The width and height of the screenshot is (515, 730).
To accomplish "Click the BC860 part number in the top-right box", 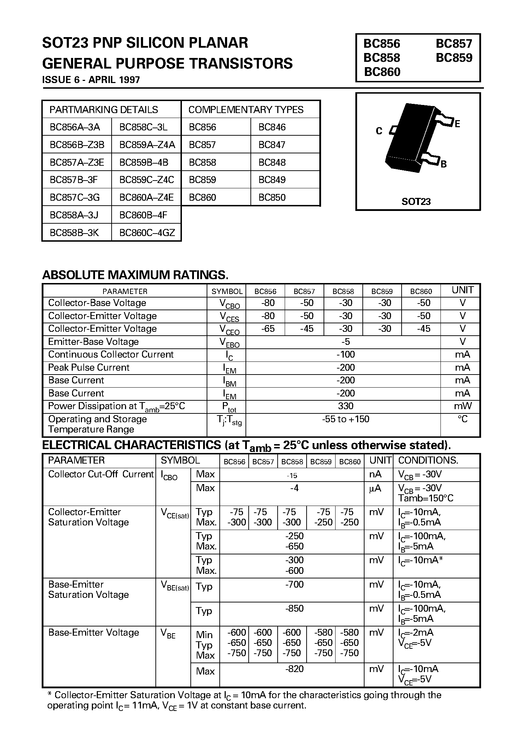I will pyautogui.click(x=382, y=72).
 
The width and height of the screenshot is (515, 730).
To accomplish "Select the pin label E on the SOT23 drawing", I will pyautogui.click(x=457, y=124).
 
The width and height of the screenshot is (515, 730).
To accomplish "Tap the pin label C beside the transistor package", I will pyautogui.click(x=379, y=131).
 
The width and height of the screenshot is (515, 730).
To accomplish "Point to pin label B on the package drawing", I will pyautogui.click(x=444, y=164).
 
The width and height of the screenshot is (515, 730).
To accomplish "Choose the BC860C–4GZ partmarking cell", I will pyautogui.click(x=147, y=232).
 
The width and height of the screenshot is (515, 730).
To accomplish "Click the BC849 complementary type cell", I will pyautogui.click(x=272, y=179).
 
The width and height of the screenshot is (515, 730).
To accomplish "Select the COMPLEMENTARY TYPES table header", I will pyautogui.click(x=246, y=110).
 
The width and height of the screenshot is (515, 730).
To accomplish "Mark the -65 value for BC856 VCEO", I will pyautogui.click(x=268, y=329).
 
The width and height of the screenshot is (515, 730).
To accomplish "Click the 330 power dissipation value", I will pyautogui.click(x=345, y=406).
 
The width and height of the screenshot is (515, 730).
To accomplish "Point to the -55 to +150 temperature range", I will pyautogui.click(x=345, y=419).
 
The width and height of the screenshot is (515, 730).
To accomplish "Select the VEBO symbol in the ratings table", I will pyautogui.click(x=229, y=342).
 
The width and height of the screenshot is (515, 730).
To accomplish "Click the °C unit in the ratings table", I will pyautogui.click(x=462, y=419).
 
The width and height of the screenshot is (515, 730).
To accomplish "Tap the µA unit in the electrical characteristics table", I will pyautogui.click(x=375, y=488).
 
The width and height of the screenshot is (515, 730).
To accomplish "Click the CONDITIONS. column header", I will pyautogui.click(x=428, y=460).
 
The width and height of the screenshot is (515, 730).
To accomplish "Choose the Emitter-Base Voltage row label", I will pyautogui.click(x=93, y=342).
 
